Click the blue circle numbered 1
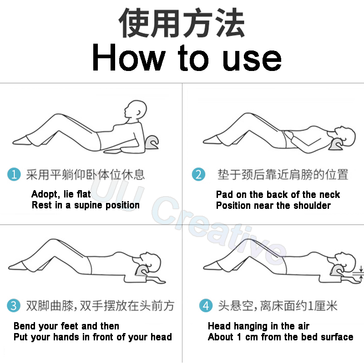14,174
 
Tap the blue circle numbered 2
198,174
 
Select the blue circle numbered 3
14,305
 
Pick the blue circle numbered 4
206,305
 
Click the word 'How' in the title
129,57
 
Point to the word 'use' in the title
252,60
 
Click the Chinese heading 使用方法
182,23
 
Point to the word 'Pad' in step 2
224,194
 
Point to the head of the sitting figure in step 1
136,110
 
